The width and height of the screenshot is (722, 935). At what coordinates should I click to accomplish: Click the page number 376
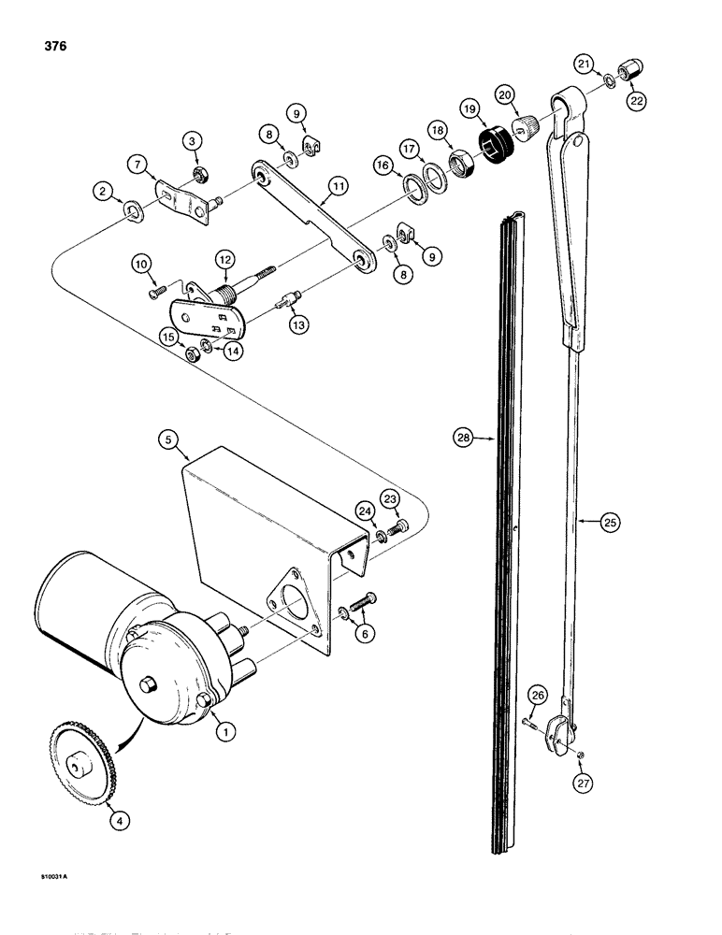pos(28,46)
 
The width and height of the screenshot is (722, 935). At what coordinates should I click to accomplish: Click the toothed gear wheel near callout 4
pos(76,766)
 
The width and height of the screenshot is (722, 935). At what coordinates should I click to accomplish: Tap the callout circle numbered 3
pos(192,141)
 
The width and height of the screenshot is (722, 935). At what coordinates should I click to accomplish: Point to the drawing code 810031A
pos(34,877)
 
